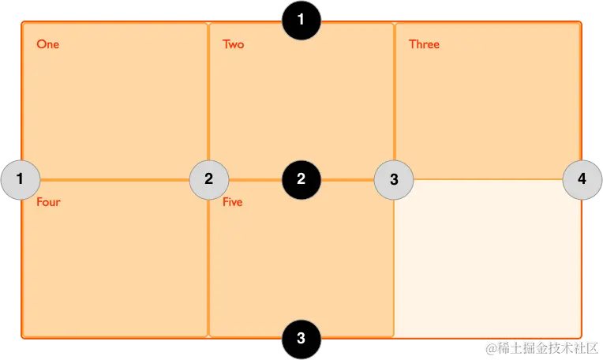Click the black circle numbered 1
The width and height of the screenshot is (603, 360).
[x=301, y=21]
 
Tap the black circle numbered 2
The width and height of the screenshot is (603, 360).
[x=301, y=179]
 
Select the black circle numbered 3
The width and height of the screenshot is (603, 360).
[x=301, y=339]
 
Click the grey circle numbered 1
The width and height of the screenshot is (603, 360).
[x=21, y=179]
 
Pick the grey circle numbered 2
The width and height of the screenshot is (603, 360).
[x=208, y=179]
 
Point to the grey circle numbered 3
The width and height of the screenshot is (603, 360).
[x=394, y=179]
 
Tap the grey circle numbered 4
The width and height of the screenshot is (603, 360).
[x=582, y=179]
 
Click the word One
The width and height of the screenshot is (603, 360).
[x=47, y=44]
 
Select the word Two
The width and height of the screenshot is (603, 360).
[x=234, y=44]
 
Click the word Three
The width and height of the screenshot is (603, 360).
[x=424, y=44]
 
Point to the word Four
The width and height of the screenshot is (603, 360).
[x=48, y=202]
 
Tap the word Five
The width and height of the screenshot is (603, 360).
[x=233, y=202]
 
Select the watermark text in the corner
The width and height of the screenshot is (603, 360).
[x=541, y=347]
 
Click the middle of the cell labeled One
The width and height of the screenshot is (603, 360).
[x=114, y=101]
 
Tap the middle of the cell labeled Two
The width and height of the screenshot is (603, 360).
[x=301, y=101]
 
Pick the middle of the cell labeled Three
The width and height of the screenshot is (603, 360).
[x=487, y=101]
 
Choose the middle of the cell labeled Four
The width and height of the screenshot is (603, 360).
[x=114, y=259]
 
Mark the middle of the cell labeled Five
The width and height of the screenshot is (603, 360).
[x=301, y=259]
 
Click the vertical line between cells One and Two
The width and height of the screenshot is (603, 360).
[x=208, y=95]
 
